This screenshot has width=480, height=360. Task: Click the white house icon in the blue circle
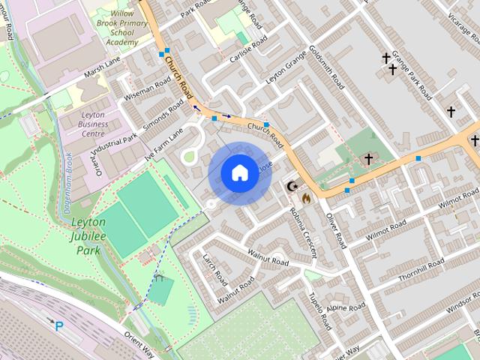[x=239, y=173]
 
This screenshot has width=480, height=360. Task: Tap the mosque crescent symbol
[x=292, y=186]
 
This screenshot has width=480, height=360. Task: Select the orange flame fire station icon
[x=305, y=199]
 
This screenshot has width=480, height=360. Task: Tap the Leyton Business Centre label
[x=94, y=124]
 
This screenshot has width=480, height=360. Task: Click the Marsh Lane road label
[x=103, y=70]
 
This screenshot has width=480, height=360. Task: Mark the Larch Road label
[x=214, y=269]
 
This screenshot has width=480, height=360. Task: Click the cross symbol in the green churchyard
[x=368, y=159]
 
